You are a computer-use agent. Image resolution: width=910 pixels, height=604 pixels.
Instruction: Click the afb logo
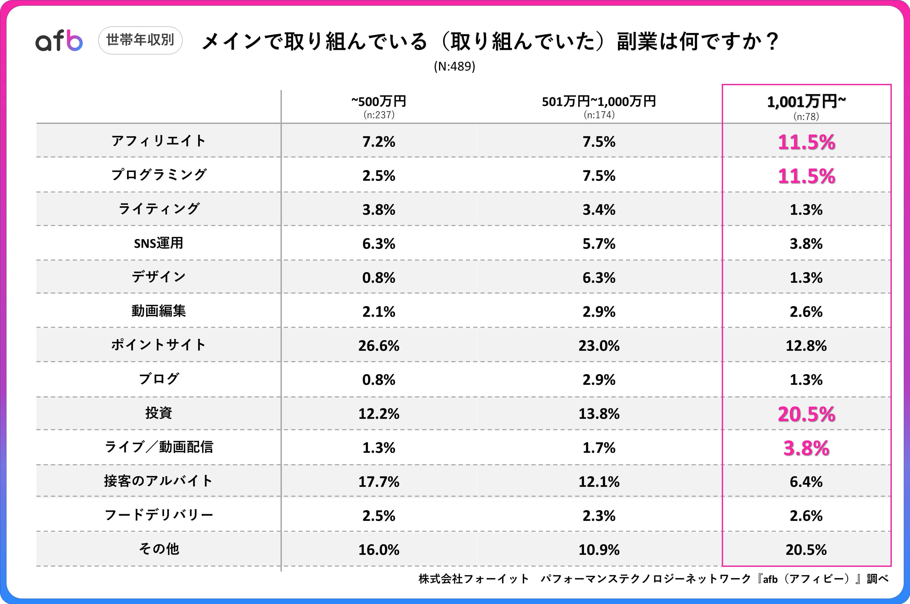tap(59, 41)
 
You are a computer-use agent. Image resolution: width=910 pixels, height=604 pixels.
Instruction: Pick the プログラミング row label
tap(158, 175)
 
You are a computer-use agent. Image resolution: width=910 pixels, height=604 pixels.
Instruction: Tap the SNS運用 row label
tap(158, 243)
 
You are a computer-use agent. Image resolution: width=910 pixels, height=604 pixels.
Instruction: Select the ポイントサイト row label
tap(158, 345)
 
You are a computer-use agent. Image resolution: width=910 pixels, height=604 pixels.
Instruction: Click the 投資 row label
tap(158, 413)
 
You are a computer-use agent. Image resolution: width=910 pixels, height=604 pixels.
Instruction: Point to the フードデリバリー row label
tap(158, 515)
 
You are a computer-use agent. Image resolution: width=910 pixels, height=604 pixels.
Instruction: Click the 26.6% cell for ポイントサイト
tap(379, 346)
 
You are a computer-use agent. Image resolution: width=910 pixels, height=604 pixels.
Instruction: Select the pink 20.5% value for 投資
tap(806, 414)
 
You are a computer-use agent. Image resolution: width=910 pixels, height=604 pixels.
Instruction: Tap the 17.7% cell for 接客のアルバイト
tap(379, 481)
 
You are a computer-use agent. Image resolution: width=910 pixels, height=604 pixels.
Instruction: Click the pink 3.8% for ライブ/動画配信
tap(806, 448)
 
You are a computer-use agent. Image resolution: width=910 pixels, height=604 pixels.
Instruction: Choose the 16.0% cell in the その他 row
tap(379, 550)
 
